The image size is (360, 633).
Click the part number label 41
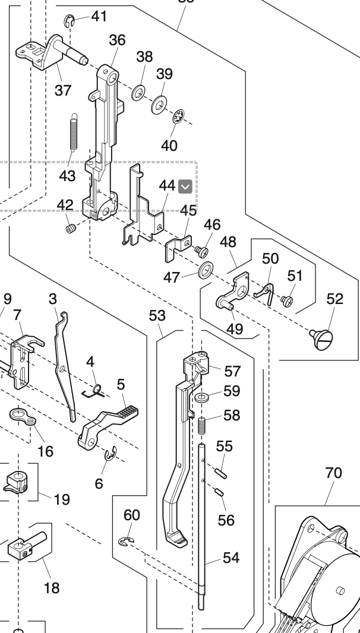click(99, 16)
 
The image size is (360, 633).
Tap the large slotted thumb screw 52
click(323, 338)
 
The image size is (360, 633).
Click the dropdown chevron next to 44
click(186, 186)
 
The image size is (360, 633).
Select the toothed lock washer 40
click(177, 119)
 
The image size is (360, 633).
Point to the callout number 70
click(333, 473)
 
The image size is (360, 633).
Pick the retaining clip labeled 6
click(110, 456)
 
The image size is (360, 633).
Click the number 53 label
click(157, 315)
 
